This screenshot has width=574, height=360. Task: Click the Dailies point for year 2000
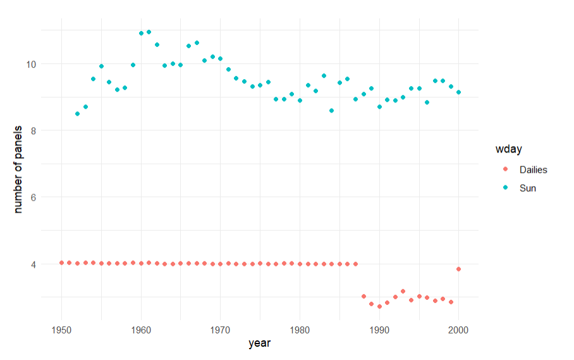click(x=458, y=269)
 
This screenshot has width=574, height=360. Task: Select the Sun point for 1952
click(x=77, y=114)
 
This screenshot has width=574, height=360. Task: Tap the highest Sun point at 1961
click(x=149, y=32)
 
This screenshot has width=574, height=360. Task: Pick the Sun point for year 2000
click(x=458, y=92)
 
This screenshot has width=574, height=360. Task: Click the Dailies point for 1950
click(x=61, y=263)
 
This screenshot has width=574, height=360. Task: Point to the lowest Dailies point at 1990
click(x=379, y=306)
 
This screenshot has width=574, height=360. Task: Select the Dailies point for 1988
click(x=363, y=296)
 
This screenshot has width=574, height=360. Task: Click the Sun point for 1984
click(x=331, y=111)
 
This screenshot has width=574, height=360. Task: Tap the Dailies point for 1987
click(x=355, y=264)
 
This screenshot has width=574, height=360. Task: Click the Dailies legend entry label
click(x=533, y=170)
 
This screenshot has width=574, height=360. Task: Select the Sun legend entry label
click(x=527, y=188)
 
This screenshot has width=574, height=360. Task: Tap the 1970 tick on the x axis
click(x=221, y=329)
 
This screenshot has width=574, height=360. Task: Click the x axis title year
click(x=260, y=344)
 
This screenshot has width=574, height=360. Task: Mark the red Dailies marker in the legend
click(x=504, y=170)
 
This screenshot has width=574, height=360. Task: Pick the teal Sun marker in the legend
click(x=504, y=188)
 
